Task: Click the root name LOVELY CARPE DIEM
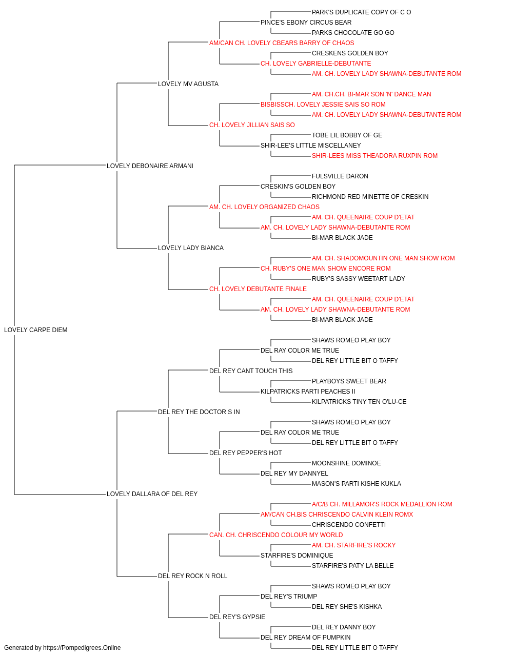(35, 330)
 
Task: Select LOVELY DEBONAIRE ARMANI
(150, 166)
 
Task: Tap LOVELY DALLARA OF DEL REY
(152, 494)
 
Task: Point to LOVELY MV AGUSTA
(188, 84)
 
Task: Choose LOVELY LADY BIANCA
(191, 248)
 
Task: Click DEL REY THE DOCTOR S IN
(199, 412)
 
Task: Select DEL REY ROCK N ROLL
(192, 576)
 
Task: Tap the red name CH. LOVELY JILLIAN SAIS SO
(252, 125)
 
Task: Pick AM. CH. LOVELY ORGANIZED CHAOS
(264, 207)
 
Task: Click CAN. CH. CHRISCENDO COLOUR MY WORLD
(276, 535)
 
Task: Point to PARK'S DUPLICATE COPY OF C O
(361, 12)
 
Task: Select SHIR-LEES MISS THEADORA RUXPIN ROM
(374, 156)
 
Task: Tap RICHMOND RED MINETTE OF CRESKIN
(370, 196)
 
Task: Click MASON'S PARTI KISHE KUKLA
(357, 484)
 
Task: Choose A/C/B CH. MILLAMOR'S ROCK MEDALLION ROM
(382, 504)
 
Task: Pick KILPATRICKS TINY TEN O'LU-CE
(359, 401)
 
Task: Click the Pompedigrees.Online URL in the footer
(82, 648)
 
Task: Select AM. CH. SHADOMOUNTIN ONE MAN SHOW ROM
(383, 258)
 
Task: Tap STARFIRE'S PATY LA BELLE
(352, 565)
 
